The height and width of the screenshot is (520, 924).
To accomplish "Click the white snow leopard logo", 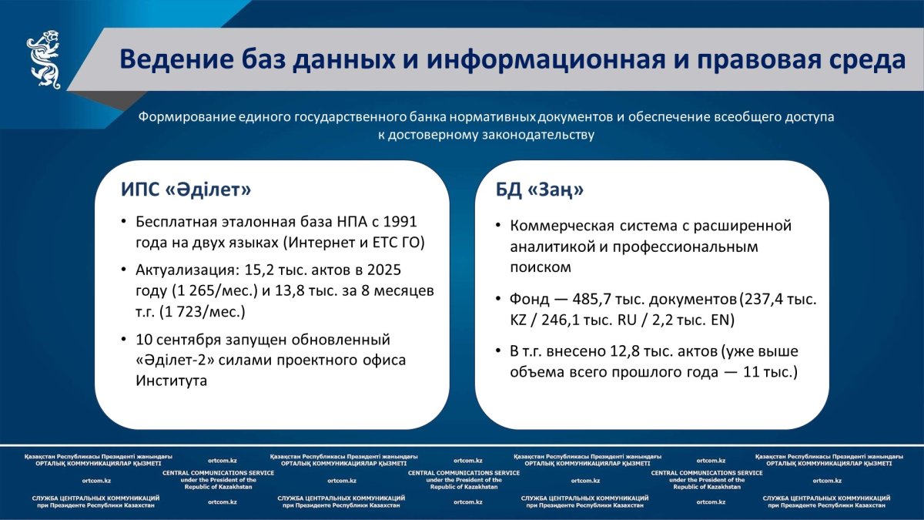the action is click(43, 59).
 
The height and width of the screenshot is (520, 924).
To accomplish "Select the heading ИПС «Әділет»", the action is click(186, 190).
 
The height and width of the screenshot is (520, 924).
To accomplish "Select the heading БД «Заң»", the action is click(540, 190).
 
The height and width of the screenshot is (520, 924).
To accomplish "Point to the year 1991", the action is click(400, 222).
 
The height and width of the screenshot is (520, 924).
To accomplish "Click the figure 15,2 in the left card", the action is click(259, 270).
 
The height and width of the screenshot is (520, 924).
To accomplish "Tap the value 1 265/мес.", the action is click(215, 290).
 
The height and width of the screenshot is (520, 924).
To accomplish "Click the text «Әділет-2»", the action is click(175, 360).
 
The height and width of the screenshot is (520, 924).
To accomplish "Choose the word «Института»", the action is click(171, 380).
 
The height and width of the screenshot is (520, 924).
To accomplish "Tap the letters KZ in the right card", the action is click(518, 320).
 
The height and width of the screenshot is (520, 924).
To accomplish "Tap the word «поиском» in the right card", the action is click(541, 267).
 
